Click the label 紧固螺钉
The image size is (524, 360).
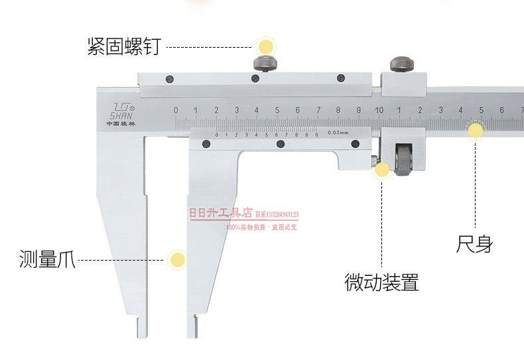(x=124, y=47)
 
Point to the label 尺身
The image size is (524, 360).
(x=474, y=244)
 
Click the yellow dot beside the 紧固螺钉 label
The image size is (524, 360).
(x=266, y=47)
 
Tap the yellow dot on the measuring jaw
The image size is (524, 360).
(x=176, y=259)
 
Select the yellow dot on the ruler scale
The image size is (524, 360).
(x=476, y=131)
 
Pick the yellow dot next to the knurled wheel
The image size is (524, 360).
(x=381, y=170)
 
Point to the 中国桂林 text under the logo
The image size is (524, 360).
(x=120, y=123)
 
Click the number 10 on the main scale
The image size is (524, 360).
(x=378, y=110)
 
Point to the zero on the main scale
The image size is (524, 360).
(x=176, y=110)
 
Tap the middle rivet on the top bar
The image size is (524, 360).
(x=255, y=78)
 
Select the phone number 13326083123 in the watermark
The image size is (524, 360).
(x=283, y=214)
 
